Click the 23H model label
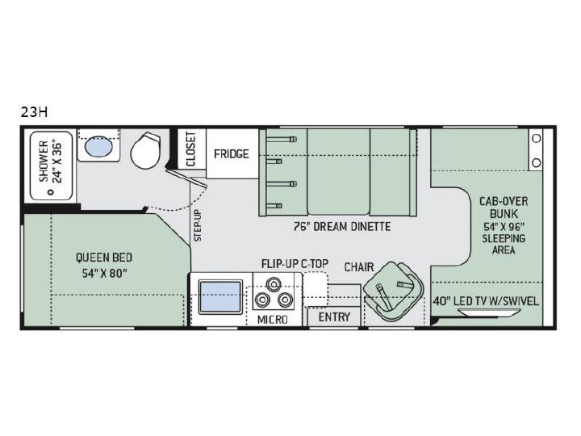click(34, 112)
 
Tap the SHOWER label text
click(44, 161)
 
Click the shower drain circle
click(51, 192)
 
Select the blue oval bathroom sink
click(98, 146)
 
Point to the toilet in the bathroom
click(146, 150)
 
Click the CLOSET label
click(190, 149)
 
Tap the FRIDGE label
click(232, 153)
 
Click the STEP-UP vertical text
click(198, 226)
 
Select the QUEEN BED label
click(104, 258)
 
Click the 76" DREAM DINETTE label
click(342, 226)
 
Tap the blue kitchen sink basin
click(220, 296)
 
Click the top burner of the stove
click(274, 284)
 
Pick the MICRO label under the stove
click(273, 319)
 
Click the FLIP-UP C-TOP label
click(295, 263)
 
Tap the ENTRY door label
click(334, 317)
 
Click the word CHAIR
click(359, 267)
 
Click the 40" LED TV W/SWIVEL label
click(486, 301)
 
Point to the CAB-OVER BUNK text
click(504, 208)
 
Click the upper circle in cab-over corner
click(536, 138)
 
